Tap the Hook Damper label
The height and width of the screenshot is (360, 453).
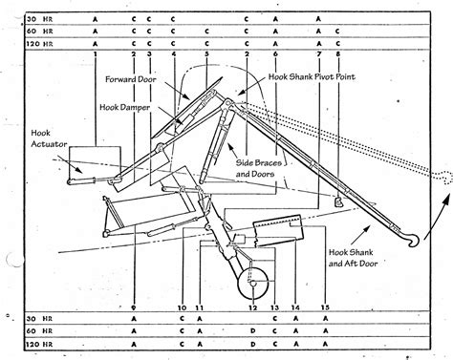119,108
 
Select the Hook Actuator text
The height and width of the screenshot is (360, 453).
44,139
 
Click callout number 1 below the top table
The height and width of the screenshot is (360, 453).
97,54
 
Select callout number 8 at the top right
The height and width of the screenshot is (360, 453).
337,54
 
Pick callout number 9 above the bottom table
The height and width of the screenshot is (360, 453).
134,307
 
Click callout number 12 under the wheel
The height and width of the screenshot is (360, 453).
251,307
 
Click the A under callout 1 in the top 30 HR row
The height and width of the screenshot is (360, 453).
97,18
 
